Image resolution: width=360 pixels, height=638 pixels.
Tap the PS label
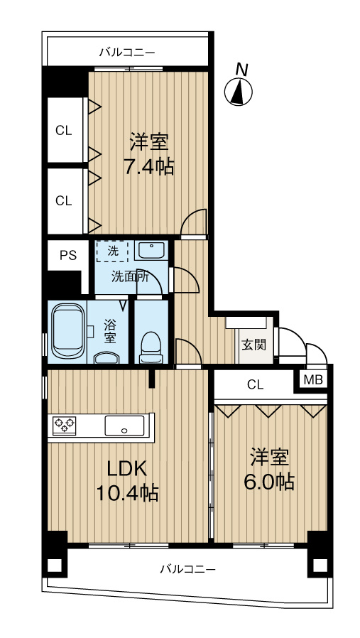pyautogui.click(x=67, y=256)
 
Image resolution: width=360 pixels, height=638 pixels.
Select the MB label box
pyautogui.click(x=313, y=380)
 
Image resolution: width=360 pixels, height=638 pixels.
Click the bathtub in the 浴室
pyautogui.click(x=67, y=332)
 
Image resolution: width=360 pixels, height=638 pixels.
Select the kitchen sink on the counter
pyautogui.click(x=124, y=426)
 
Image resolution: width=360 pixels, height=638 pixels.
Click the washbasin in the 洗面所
pyautogui.click(x=150, y=251)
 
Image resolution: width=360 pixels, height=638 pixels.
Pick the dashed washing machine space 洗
pyautogui.click(x=113, y=251)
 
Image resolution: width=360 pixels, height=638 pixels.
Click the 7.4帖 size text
pyautogui.click(x=148, y=168)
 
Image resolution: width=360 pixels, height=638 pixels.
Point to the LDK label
pyautogui.click(x=126, y=468)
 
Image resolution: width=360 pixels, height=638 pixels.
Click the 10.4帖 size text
pyautogui.click(x=126, y=492)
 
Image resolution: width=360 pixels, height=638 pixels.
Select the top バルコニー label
pyautogui.click(x=127, y=52)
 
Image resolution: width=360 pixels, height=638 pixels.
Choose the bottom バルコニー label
pyautogui.click(x=187, y=568)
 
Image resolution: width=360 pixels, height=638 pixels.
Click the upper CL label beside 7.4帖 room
pyautogui.click(x=64, y=131)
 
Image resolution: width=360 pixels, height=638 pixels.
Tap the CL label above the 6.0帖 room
pyautogui.click(x=255, y=385)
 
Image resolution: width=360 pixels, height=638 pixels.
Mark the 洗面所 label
pyautogui.click(x=129, y=277)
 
